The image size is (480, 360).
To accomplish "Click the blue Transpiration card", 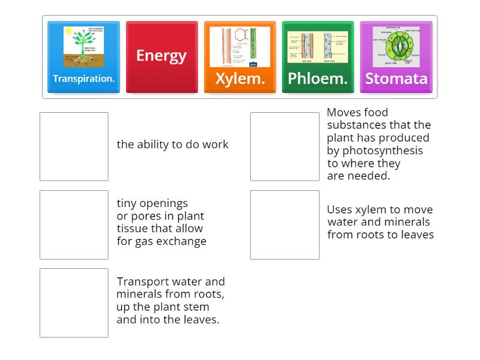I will pyautogui.click(x=83, y=58).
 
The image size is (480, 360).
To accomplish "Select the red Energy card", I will pyautogui.click(x=161, y=58).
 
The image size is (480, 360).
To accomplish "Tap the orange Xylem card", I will pyautogui.click(x=239, y=58).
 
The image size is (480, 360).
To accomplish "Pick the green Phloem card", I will pyautogui.click(x=317, y=58).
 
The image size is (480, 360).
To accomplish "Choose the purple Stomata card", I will pyautogui.click(x=396, y=58).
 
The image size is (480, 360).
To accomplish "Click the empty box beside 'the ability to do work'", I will pyautogui.click(x=74, y=146).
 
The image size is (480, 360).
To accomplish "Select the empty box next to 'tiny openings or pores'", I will pyautogui.click(x=74, y=224).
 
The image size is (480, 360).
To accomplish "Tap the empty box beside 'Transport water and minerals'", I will pyautogui.click(x=74, y=302).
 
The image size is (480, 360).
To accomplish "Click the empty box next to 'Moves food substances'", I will pyautogui.click(x=284, y=146).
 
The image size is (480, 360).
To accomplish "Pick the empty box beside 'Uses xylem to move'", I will pyautogui.click(x=284, y=224).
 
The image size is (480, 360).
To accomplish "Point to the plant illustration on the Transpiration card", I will pyautogui.click(x=84, y=47).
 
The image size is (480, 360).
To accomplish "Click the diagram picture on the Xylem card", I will pyautogui.click(x=239, y=46).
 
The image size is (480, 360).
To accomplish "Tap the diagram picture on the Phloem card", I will pyautogui.click(x=317, y=47).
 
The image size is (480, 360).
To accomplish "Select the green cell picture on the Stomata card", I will pyautogui.click(x=396, y=46).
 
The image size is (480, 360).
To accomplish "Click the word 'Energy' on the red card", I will pyautogui.click(x=161, y=55).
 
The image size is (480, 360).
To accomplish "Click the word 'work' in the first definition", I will pyautogui.click(x=215, y=144).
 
